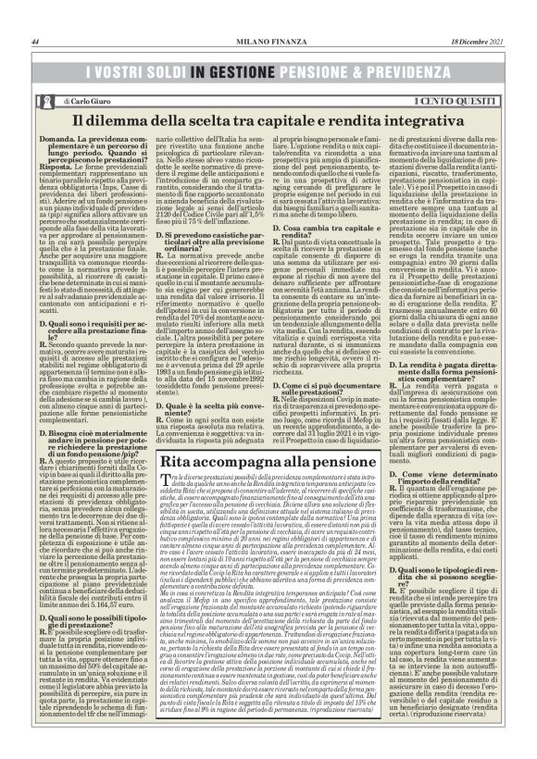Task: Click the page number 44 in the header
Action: pyautogui.click(x=34, y=42)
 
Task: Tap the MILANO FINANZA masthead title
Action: pyautogui.click(x=268, y=42)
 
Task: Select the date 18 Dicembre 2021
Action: pyautogui.click(x=479, y=42)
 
